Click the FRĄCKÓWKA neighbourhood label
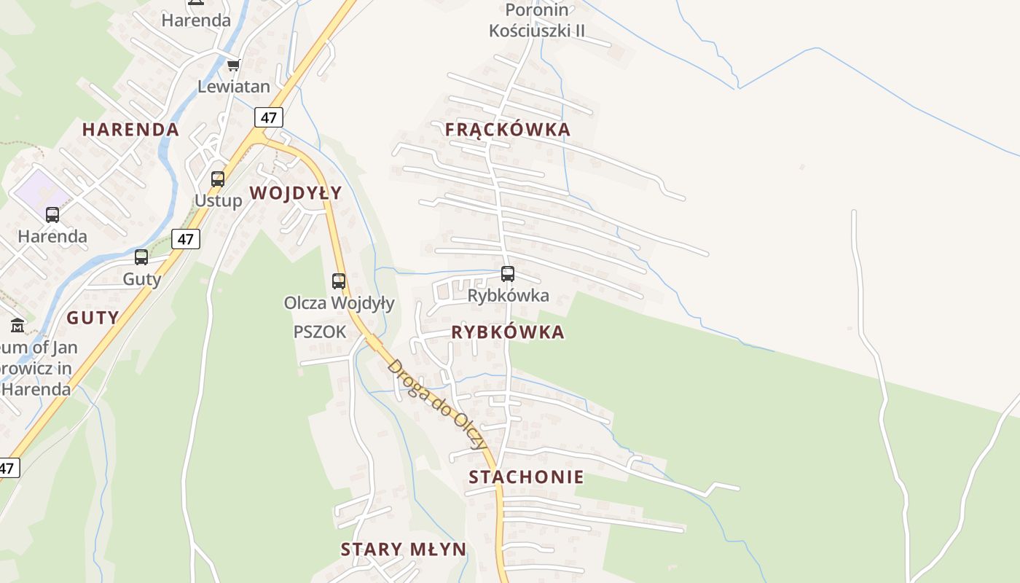click(x=507, y=130)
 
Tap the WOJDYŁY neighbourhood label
click(x=295, y=193)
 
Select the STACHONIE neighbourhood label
click(x=526, y=477)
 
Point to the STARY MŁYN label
click(x=403, y=549)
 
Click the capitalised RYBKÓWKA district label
click(x=507, y=332)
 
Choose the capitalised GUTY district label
click(x=93, y=318)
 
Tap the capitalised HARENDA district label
click(x=130, y=130)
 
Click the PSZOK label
click(x=319, y=332)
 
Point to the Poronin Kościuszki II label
click(x=537, y=20)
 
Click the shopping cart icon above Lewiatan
click(x=233, y=66)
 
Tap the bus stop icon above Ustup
click(x=217, y=179)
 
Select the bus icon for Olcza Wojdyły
click(x=339, y=281)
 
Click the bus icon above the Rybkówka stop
click(x=508, y=274)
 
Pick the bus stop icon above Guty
click(x=141, y=257)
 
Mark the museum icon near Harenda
click(x=17, y=325)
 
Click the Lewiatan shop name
click(x=233, y=87)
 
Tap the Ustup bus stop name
click(x=218, y=200)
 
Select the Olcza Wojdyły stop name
click(x=339, y=302)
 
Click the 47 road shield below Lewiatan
click(x=269, y=117)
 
